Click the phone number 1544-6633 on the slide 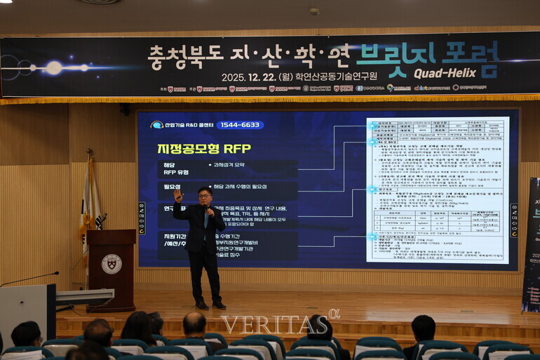(x=240, y=125)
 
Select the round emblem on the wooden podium (x=111, y=264)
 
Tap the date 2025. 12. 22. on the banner (x=247, y=76)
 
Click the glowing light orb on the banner (x=54, y=68)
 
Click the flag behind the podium (x=90, y=204)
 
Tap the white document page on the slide (x=437, y=190)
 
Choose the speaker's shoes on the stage (x=210, y=305)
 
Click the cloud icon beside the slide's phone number (x=156, y=125)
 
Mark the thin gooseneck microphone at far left (x=28, y=279)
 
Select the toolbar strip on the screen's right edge (x=513, y=210)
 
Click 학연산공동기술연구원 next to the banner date (x=336, y=76)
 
